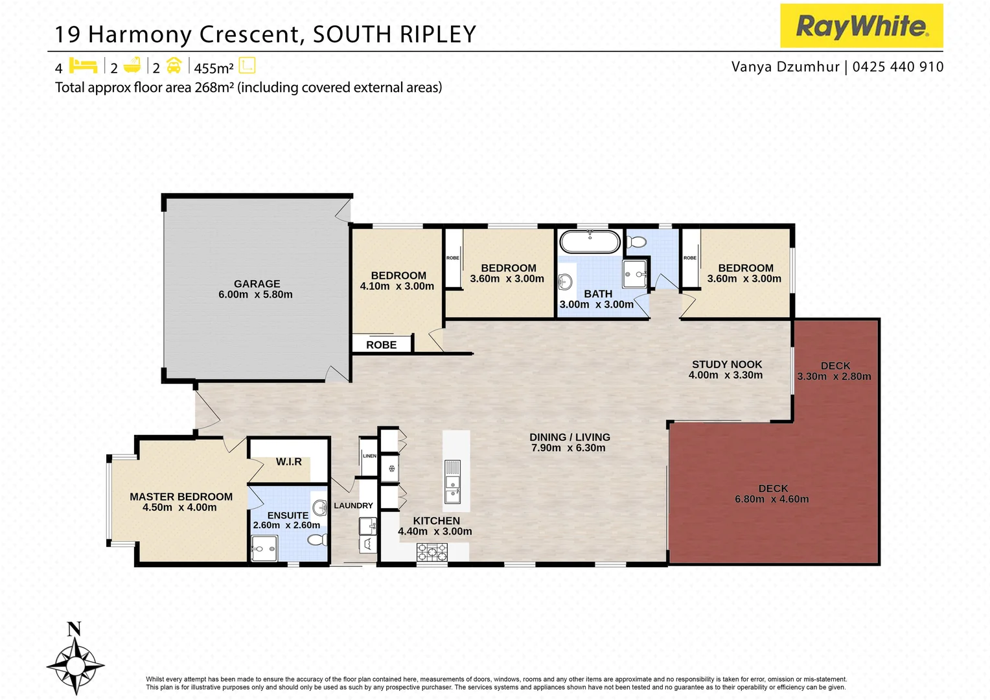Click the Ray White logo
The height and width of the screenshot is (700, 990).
click(861, 26)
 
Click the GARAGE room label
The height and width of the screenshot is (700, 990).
click(257, 284)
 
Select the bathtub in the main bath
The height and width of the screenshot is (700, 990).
click(590, 242)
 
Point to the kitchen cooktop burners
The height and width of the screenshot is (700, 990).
click(432, 552)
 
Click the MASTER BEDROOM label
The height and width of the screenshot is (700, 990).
click(181, 496)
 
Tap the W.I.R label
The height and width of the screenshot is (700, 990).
click(288, 461)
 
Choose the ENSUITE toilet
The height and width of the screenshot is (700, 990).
click(317, 539)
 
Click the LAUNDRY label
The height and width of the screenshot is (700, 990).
click(353, 506)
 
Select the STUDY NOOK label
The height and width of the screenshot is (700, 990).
click(726, 364)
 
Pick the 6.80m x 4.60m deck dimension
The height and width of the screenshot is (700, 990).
click(772, 499)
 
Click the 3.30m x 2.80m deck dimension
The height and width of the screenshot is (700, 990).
click(834, 377)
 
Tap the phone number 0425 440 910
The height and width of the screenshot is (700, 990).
click(898, 67)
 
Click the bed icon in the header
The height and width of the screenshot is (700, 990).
click(83, 65)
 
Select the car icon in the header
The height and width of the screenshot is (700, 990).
click(174, 65)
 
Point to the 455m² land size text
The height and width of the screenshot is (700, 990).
click(213, 68)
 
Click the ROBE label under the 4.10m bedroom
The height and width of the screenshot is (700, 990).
click(381, 345)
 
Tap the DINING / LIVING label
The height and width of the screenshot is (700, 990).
click(570, 437)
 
